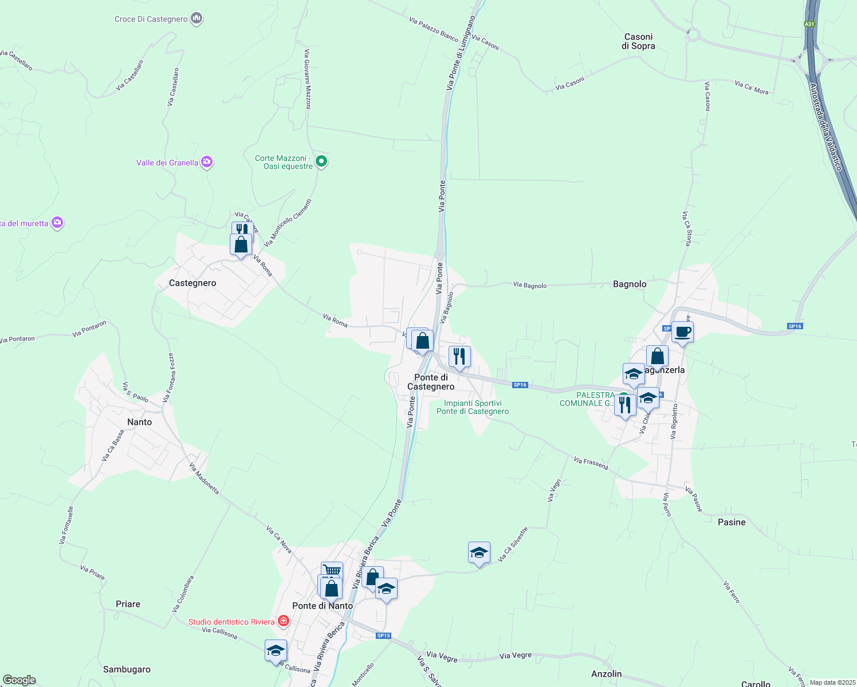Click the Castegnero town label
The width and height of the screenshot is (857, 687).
point(192,283)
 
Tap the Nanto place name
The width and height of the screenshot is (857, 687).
point(139,422)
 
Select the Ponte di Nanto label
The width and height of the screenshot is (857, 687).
point(323,606)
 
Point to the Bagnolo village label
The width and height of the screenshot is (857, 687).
point(630,284)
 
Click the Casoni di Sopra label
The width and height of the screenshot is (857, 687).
point(638,41)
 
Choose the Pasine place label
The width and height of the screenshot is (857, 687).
point(732,522)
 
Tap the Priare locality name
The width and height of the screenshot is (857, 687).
point(128,604)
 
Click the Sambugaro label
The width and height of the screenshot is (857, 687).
point(127,669)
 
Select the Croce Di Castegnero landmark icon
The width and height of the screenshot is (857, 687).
point(196,18)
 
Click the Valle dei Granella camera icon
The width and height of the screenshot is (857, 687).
point(207,163)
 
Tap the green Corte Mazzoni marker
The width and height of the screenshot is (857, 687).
point(321,161)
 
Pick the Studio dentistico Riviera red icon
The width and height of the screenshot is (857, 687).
point(283,621)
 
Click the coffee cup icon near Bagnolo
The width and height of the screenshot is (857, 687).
point(682,331)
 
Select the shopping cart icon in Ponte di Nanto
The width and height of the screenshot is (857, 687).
point(332,570)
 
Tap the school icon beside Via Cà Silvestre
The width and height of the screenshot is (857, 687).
point(479,552)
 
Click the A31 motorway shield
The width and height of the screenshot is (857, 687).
point(809,24)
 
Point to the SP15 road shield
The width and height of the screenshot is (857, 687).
point(383,635)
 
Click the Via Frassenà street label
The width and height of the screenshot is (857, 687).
point(591,463)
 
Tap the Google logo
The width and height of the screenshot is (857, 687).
point(19,680)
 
